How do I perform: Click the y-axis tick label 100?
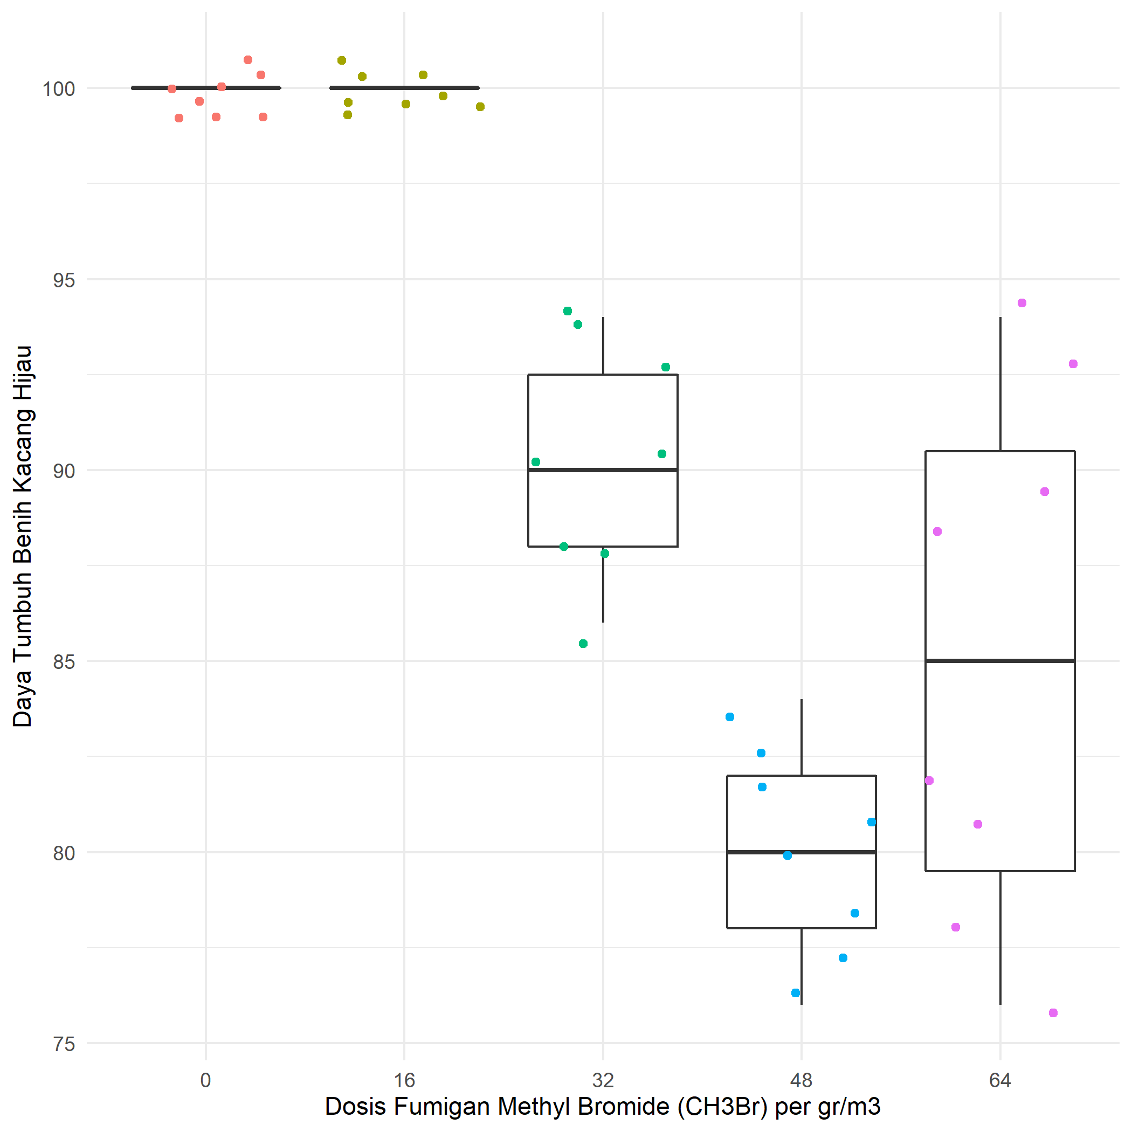point(59,89)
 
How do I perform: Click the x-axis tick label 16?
point(404,1080)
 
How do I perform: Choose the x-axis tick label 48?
point(802,1080)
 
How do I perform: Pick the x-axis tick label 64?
point(1000,1080)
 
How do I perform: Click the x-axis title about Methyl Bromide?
point(602,1107)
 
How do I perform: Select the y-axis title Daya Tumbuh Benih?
point(23,536)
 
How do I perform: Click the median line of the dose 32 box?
point(603,470)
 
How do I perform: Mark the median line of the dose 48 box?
point(802,852)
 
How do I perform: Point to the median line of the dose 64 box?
point(1000,661)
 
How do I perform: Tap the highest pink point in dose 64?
point(1022,303)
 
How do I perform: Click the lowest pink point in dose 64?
point(1053,1013)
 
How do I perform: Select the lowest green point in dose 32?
point(583,643)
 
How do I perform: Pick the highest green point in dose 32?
point(567,311)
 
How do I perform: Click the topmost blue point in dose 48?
point(729,716)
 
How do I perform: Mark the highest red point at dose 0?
point(248,60)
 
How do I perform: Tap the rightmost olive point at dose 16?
point(480,107)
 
